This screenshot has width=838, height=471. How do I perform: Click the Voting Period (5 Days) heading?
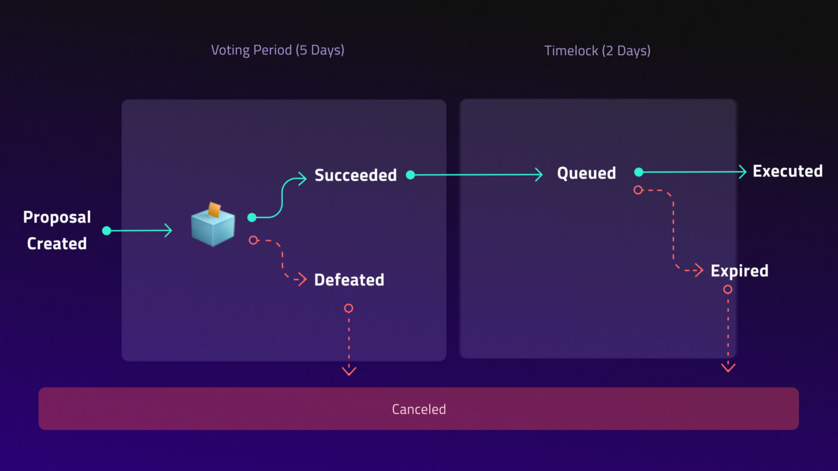(278, 50)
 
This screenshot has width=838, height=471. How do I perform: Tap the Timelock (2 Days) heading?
(597, 50)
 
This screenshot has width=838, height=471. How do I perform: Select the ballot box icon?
(213, 224)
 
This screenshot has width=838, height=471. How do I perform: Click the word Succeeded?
(356, 175)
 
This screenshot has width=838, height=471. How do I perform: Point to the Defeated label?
(349, 280)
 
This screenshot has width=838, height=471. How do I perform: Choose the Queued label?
(586, 173)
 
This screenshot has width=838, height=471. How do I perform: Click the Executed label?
(788, 171)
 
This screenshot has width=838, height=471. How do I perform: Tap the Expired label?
(739, 271)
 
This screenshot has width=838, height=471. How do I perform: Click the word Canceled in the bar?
(419, 409)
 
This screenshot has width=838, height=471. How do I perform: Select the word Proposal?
(57, 217)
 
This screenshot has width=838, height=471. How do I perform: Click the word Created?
(57, 244)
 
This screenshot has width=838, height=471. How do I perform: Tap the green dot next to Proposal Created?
(107, 231)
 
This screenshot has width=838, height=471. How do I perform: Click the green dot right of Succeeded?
(411, 175)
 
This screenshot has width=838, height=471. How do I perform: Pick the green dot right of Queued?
(639, 172)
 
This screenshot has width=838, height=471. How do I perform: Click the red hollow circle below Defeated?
(348, 308)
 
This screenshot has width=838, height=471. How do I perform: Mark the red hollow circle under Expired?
(728, 290)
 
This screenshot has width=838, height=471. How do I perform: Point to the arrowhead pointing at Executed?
(743, 172)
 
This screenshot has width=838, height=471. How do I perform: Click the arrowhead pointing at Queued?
(539, 174)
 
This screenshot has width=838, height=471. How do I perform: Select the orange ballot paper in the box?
(214, 209)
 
